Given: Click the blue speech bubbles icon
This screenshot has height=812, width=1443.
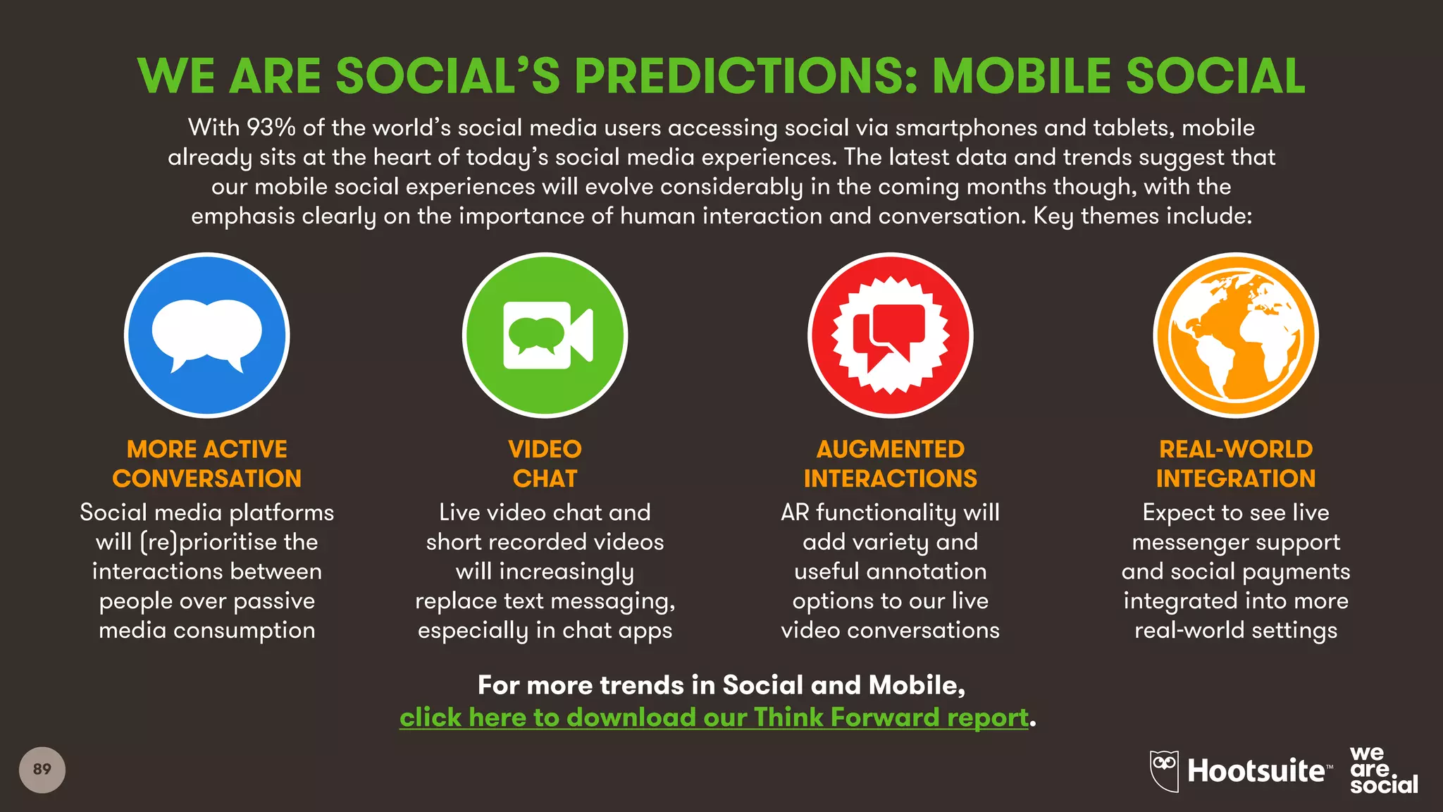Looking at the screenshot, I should click(206, 336).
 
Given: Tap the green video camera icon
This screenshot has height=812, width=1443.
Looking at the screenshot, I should click(545, 336).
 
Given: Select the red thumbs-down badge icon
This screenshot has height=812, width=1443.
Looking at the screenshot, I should click(890, 336).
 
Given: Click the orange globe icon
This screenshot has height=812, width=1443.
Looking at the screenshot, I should click(1235, 336).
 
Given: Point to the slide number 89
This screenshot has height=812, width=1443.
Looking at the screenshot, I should click(42, 769).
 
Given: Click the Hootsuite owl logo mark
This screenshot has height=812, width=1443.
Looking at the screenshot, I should click(1164, 770).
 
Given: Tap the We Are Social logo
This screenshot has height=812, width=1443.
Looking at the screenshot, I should click(1382, 770).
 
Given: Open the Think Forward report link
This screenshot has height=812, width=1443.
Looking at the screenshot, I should click(714, 718).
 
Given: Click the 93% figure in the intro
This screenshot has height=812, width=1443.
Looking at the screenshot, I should click(271, 128).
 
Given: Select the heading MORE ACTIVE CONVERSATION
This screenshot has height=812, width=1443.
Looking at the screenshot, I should click(206, 464).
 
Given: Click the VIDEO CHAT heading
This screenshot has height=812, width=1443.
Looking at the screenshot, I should click(545, 464).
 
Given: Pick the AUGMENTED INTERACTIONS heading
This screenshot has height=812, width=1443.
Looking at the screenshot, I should click(890, 464).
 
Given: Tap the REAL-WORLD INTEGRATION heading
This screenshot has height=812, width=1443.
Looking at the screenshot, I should click(1235, 464).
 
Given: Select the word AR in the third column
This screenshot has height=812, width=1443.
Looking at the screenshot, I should click(795, 512).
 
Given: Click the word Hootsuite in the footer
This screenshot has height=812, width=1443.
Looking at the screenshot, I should click(1256, 770).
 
